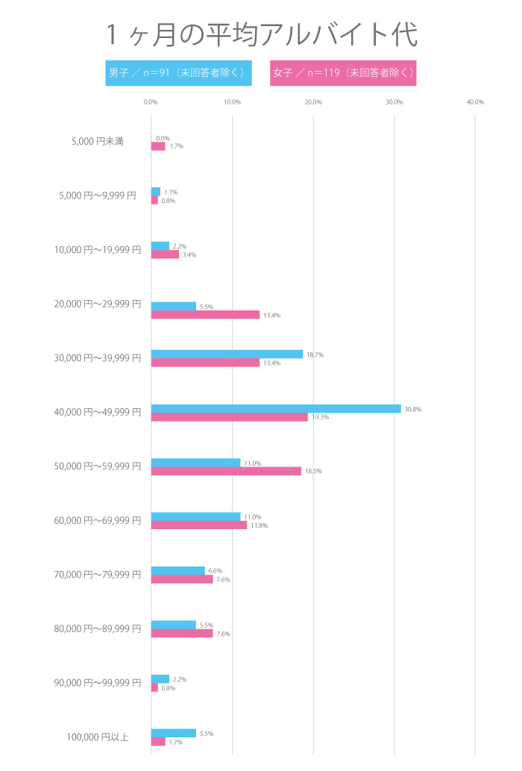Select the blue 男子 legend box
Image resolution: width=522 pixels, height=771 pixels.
pos(178,73)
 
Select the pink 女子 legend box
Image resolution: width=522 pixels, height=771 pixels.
pos(343,73)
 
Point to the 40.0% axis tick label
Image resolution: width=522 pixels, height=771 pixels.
pos(475,102)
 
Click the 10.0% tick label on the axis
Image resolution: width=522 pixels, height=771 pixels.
pos(233,102)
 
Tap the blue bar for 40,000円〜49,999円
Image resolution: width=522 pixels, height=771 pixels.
pos(276,408)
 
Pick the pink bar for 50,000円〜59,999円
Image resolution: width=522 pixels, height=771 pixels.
pos(226,471)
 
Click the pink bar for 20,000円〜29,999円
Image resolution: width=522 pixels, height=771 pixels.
pos(205,315)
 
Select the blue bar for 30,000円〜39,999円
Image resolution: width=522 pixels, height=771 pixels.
pos(227,355)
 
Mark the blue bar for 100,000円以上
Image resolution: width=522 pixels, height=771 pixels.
pos(174,733)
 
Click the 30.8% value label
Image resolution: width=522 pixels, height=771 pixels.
pos(412,409)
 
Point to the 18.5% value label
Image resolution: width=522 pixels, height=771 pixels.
pos(313,471)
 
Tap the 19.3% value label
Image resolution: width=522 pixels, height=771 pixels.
pos(320,417)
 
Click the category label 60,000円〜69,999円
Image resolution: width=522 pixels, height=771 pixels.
pos(98,520)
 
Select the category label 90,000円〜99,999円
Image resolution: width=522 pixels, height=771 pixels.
pos(98,682)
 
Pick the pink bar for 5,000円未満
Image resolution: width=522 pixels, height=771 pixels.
pos(158,146)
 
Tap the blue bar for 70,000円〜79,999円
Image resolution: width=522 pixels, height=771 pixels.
pos(177,571)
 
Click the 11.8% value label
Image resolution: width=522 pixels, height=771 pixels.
pos(259,525)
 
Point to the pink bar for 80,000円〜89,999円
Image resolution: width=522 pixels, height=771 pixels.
pos(182,634)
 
